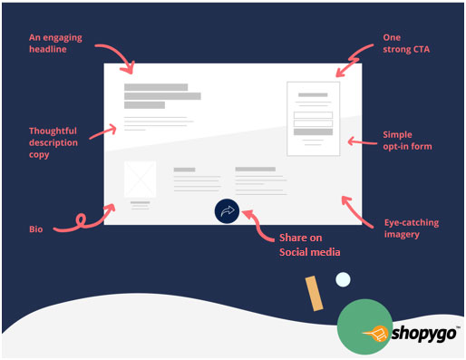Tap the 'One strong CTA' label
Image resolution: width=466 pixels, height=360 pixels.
(404, 44)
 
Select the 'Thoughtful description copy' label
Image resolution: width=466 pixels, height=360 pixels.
(53, 142)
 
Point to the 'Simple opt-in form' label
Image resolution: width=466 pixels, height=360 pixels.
(409, 141)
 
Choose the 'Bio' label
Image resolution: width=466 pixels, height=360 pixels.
(35, 229)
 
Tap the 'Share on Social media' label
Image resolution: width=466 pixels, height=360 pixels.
(303, 244)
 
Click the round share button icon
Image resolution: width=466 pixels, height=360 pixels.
(227, 210)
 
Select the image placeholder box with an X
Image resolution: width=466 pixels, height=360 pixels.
(140, 178)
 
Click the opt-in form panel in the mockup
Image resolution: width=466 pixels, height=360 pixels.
(313, 119)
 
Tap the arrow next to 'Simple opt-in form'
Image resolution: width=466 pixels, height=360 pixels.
(363, 141)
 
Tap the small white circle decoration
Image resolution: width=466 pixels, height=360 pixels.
(342, 279)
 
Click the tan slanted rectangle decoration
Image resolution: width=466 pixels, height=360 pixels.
(314, 293)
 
